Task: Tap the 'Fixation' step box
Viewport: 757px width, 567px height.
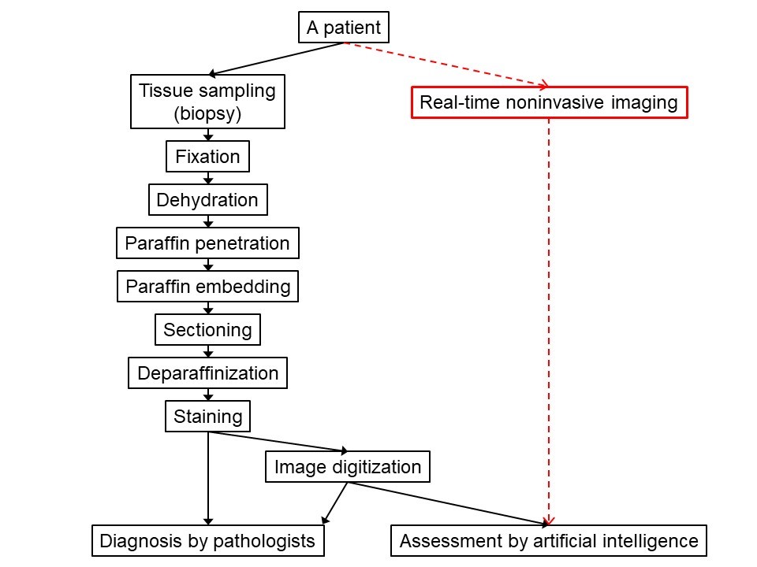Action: pyautogui.click(x=207, y=157)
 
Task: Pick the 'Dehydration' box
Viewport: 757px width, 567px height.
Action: pyautogui.click(x=207, y=200)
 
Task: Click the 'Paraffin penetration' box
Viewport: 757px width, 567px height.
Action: pyautogui.click(x=207, y=243)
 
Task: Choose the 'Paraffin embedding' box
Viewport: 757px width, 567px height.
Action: pyautogui.click(x=207, y=287)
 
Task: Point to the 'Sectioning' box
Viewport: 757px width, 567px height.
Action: pyautogui.click(x=207, y=330)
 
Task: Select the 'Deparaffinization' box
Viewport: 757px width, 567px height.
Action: pyautogui.click(x=207, y=372)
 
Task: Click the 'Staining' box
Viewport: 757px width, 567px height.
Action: pyautogui.click(x=207, y=415)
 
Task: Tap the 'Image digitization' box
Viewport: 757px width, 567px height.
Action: pyautogui.click(x=348, y=467)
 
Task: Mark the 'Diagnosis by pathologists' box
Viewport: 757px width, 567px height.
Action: pyautogui.click(x=207, y=541)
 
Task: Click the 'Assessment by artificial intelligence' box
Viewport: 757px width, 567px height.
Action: pyautogui.click(x=549, y=541)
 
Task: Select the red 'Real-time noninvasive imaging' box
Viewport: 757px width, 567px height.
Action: pyautogui.click(x=549, y=102)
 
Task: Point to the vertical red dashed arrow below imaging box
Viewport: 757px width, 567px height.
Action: pyautogui.click(x=549, y=315)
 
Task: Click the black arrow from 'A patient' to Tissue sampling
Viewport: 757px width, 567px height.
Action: pyautogui.click(x=276, y=58)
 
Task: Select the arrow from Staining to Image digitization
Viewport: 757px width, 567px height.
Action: pyautogui.click(x=280, y=441)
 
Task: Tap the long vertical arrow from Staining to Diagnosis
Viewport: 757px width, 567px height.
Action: pyautogui.click(x=208, y=480)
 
